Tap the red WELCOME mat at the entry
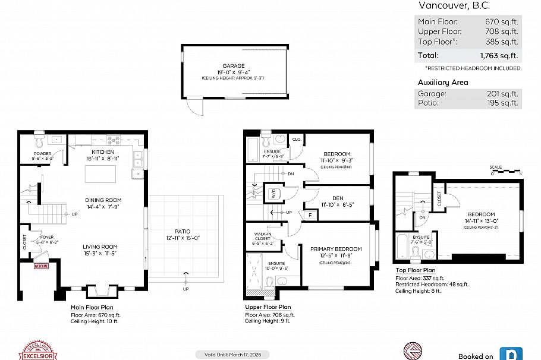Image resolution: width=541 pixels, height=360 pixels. point(42,267)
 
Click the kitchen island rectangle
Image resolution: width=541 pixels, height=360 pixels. point(99,174)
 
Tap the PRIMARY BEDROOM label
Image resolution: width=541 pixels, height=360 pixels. point(336,249)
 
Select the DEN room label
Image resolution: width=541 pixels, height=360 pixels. point(337,198)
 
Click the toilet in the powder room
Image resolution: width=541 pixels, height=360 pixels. point(40,142)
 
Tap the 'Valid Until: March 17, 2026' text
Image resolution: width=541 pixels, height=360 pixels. point(231,355)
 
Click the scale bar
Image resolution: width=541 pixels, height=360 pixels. point(505,172)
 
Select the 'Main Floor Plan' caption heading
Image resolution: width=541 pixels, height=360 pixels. point(91,307)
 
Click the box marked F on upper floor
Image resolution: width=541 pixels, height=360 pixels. point(309,214)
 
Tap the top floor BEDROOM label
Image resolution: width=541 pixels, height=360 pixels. point(481,214)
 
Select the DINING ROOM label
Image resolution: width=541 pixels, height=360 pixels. point(104,200)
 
